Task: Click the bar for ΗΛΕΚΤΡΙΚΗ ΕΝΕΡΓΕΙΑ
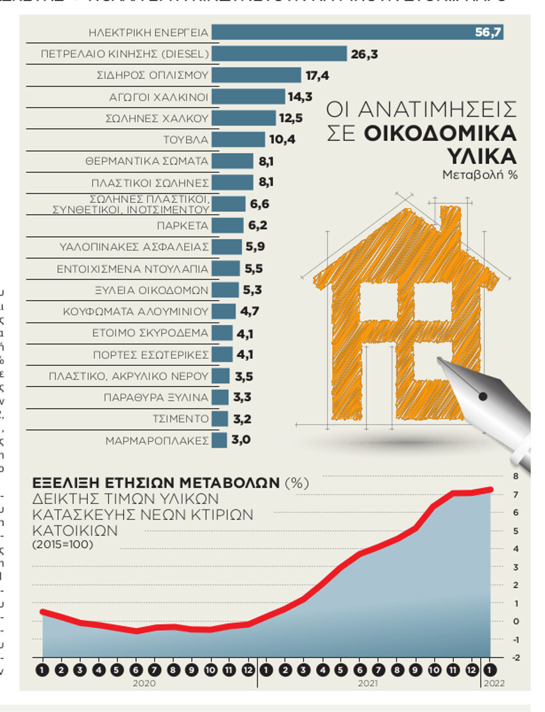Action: click(356, 31)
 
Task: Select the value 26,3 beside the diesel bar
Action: click(364, 54)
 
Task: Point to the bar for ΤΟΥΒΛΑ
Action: click(238, 140)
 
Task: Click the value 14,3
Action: click(301, 97)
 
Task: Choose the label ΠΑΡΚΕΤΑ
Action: click(183, 226)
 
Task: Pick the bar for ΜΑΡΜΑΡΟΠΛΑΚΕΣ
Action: click(219, 440)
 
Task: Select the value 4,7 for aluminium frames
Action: click(250, 312)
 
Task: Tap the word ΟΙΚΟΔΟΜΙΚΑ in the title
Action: click(441, 133)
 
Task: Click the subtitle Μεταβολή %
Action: click(480, 174)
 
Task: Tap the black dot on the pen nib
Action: click(483, 397)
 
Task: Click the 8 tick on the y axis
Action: click(516, 476)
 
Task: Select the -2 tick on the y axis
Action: click(516, 658)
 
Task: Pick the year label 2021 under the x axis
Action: click(367, 684)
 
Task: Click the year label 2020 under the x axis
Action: click(145, 684)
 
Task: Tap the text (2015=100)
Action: click(63, 545)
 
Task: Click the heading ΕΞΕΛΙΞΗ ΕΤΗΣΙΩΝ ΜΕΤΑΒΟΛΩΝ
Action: click(156, 483)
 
